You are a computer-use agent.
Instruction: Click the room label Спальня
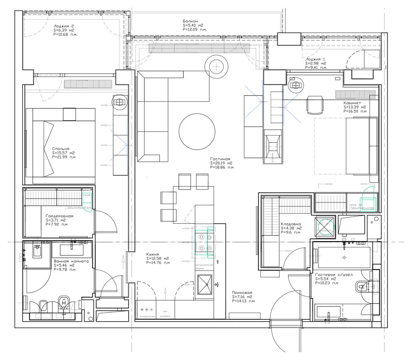pos(60,148)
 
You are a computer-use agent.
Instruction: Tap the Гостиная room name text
pos(220,159)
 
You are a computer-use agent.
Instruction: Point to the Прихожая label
pos(242,293)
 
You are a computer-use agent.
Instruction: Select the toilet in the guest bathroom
pos(362,286)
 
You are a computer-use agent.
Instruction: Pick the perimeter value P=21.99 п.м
pos(64,157)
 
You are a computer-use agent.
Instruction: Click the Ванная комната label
pos(71,261)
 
